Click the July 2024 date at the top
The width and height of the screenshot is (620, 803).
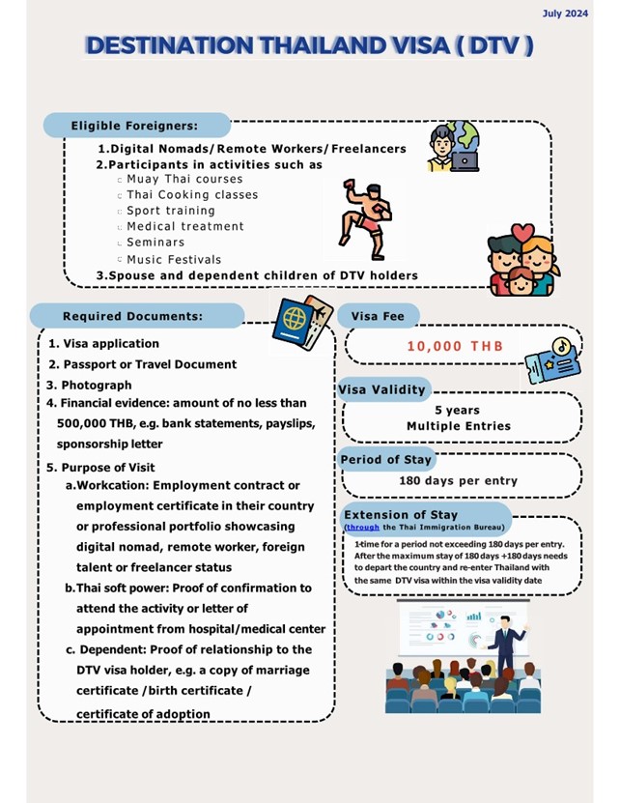pos(565,14)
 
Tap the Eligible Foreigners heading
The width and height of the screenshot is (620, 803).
pos(134,126)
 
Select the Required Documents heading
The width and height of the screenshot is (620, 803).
pos(133,316)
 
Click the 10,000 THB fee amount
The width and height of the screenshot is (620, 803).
pos(449,346)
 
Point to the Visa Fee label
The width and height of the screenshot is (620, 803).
pos(378,316)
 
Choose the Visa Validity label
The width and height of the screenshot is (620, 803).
pos(382,389)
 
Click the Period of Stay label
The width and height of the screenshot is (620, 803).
pos(385,459)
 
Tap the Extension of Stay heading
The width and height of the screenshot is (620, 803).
pos(401,514)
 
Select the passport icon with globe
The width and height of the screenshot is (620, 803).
pos(302,322)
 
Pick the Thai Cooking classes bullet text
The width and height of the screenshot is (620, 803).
pos(192,194)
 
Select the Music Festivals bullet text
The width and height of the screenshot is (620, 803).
pos(174,259)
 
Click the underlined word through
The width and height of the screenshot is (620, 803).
pos(362,528)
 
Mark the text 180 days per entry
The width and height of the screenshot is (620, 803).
pos(458,480)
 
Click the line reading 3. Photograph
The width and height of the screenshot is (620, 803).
pos(90,385)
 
